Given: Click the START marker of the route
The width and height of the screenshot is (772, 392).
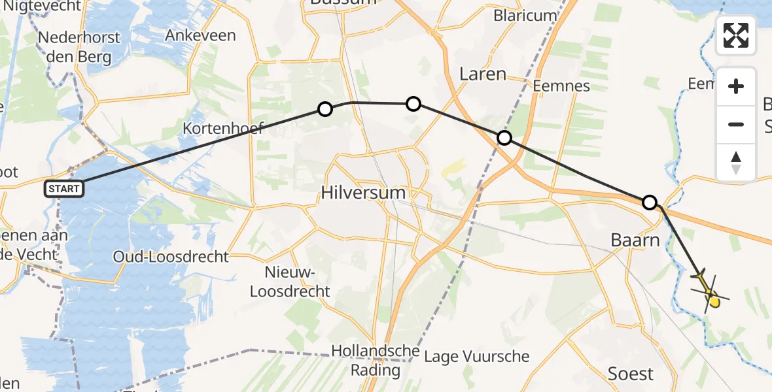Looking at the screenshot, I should (64, 189).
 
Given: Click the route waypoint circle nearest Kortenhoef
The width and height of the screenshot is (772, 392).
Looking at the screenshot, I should (325, 109).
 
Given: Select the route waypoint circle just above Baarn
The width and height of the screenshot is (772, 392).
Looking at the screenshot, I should (649, 202).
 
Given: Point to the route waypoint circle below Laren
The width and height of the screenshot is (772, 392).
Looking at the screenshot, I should (504, 138).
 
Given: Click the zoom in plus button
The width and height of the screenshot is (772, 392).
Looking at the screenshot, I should (736, 86).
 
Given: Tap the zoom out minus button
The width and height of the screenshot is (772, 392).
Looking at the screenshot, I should (736, 124).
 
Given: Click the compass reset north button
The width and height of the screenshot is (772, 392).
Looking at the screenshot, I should (736, 162).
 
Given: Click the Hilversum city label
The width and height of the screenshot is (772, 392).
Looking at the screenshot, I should (363, 193).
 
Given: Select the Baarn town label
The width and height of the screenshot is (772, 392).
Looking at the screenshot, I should (635, 240).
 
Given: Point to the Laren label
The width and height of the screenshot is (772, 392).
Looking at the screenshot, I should (483, 74).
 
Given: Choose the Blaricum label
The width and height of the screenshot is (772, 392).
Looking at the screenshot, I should (526, 15).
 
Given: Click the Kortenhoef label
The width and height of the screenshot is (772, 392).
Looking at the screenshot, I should (223, 127).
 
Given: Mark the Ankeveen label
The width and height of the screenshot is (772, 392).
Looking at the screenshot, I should (200, 35).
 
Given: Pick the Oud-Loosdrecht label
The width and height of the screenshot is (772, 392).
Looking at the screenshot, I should (171, 256).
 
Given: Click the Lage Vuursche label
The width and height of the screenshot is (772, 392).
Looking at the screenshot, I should (476, 357).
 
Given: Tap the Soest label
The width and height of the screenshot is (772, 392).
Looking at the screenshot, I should (631, 374).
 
